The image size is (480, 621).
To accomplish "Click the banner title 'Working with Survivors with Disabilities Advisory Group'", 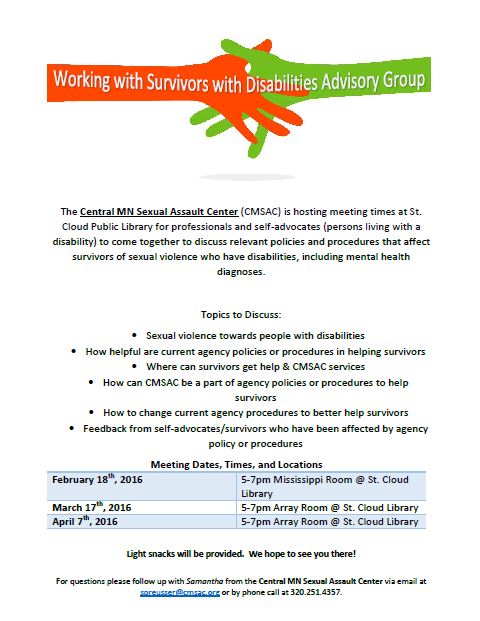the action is click(240, 81).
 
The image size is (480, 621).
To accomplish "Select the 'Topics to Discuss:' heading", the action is click(240, 313).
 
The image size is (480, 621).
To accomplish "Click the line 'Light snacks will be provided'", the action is click(240, 553).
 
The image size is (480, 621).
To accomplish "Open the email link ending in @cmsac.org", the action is click(179, 592).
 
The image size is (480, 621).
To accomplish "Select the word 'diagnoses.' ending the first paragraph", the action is click(239, 271).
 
